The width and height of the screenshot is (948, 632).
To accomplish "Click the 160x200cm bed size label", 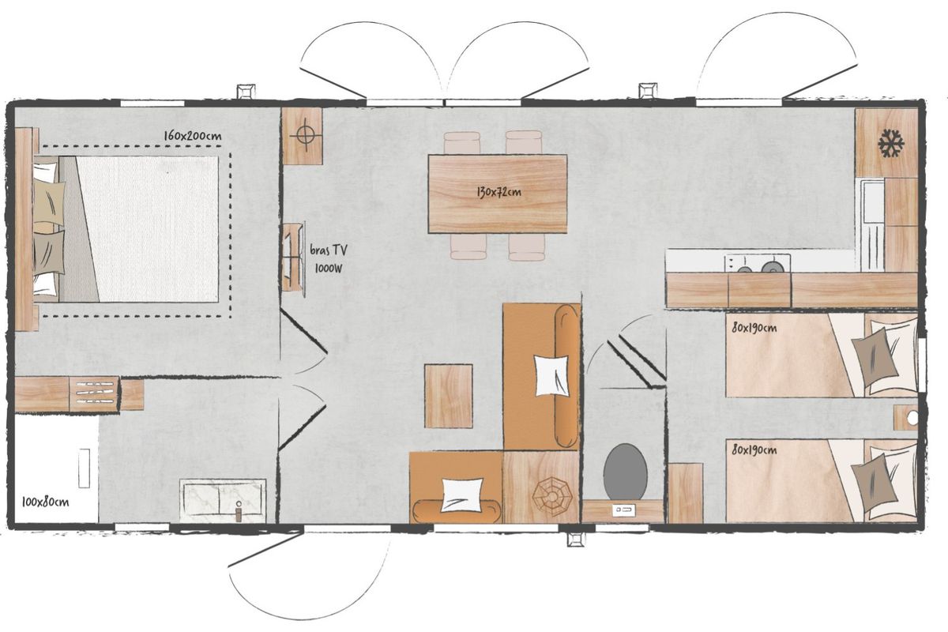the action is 193,136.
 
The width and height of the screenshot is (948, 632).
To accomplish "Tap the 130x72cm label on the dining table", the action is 498,192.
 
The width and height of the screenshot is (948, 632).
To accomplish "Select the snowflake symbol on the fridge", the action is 891,144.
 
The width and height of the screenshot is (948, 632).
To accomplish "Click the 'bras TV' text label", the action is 329,250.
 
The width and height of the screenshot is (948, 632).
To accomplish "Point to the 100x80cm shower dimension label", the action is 45,502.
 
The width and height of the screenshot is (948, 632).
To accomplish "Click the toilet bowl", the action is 625,472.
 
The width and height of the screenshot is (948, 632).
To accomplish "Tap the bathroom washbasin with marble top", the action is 223,500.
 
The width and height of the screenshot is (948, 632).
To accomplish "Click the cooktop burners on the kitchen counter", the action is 758,263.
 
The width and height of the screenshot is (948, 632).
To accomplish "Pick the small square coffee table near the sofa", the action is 449,396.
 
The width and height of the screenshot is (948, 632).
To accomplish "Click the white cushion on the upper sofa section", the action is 551,375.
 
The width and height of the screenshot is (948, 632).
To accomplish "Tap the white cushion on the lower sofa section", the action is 461,495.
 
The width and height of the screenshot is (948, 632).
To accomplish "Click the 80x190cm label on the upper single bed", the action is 754,328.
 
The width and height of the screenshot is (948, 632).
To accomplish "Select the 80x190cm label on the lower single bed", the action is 754,450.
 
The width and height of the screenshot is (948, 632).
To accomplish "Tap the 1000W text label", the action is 329,268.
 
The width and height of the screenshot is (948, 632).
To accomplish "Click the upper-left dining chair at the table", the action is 461,143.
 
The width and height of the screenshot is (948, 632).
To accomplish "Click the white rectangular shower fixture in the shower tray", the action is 85,468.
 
